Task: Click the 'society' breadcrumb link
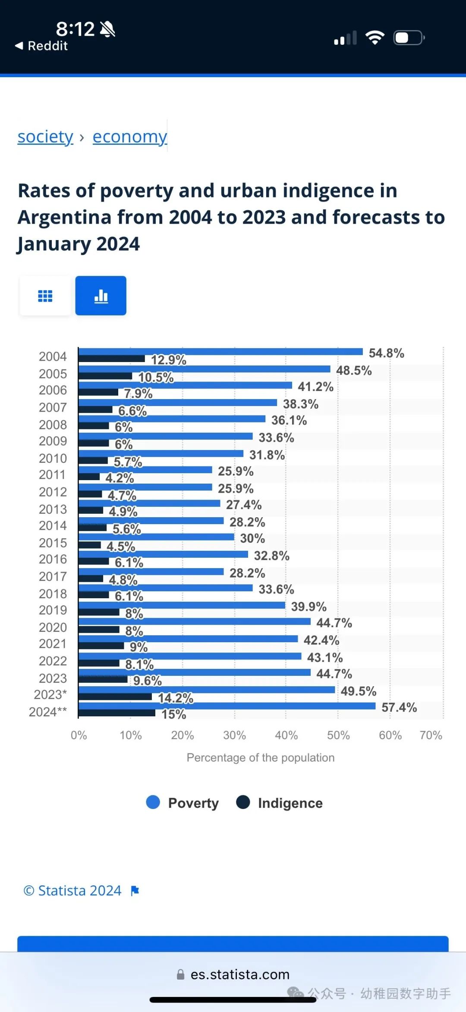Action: tap(45, 137)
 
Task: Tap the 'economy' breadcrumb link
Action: tap(129, 137)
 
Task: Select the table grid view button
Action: tap(45, 296)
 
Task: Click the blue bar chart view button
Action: tap(101, 296)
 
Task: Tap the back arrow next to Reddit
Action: tap(19, 46)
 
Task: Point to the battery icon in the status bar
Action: tap(409, 38)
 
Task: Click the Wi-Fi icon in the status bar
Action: tap(375, 38)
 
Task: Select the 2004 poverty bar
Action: tap(220, 352)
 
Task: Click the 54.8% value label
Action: tap(386, 353)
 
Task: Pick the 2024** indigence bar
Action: tap(116, 713)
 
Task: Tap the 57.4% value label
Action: tap(399, 707)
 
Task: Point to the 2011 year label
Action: tap(53, 475)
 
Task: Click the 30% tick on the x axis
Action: tap(234, 735)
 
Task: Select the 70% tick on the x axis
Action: tap(431, 735)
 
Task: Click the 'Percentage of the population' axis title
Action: tap(261, 758)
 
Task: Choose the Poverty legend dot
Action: tap(153, 802)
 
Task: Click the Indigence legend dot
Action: tap(243, 802)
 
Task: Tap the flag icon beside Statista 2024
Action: tap(135, 890)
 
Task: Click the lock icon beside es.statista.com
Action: tap(181, 975)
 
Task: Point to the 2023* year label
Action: tap(50, 695)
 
